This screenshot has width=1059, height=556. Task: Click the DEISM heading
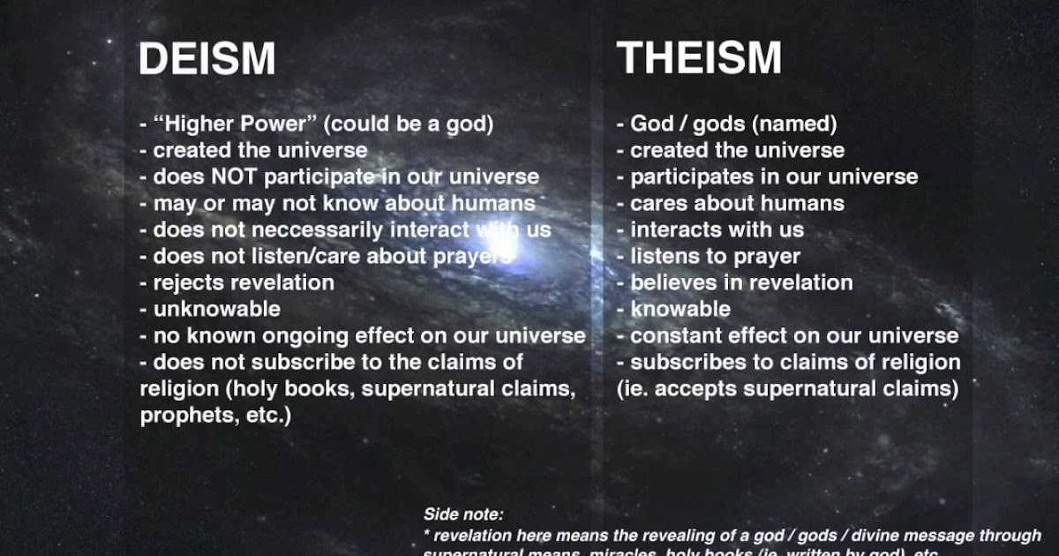point(207,59)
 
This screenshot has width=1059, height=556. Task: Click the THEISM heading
point(699,57)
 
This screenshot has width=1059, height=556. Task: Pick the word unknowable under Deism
point(217,309)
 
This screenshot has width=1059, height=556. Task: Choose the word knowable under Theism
point(680,309)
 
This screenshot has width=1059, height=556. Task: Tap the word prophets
point(181,415)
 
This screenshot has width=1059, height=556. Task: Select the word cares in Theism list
point(657,203)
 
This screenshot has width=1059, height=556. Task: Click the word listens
point(663,256)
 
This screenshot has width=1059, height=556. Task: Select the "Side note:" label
point(463,514)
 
